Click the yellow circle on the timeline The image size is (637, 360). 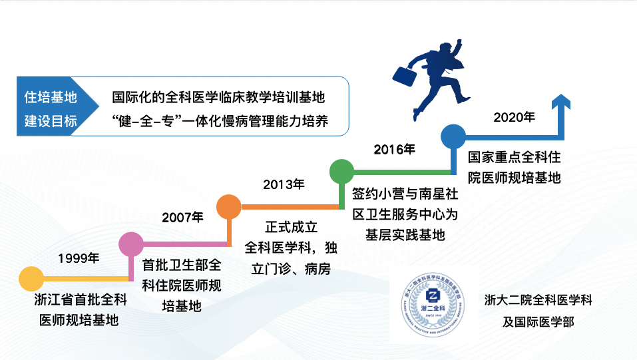pos(31,279)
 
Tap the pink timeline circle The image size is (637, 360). pos(131,244)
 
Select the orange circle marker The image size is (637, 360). pos(229,207)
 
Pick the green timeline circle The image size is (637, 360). pos(341,172)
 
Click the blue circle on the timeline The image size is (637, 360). pos(453,136)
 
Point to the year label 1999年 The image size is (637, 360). pos(79,258)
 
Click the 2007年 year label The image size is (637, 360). pos(183,218)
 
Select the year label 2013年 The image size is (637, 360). pos(284,184)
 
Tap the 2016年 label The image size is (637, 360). pos(395,150)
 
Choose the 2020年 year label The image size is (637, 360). pos(514,117)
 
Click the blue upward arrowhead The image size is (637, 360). pos(561,101)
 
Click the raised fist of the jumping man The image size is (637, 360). pos(459,42)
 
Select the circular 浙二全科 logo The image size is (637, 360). pos(433,304)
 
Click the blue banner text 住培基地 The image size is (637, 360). pos(51,97)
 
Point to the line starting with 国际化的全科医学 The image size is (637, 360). pos(218,97)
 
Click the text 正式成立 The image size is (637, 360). pos(292,227)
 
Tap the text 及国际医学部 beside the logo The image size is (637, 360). pos(538,322)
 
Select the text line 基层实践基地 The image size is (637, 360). pos(405,234)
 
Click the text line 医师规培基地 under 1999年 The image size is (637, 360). pos(79,320)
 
